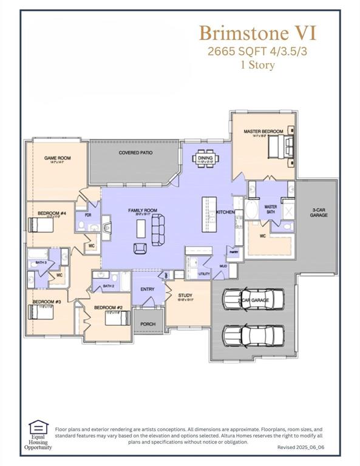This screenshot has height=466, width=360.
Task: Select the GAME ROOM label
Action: coord(58,158)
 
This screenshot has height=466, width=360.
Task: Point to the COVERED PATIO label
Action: coord(135,153)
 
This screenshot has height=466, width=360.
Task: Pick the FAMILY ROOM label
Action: coord(142,211)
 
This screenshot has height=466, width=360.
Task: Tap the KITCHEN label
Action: coord(225,212)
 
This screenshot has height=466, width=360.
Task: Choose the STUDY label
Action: coord(185,295)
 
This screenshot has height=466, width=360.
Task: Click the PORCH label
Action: coord(148,324)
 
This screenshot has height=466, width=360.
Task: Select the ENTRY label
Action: coord(148,289)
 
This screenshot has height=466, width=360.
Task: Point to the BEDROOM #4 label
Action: coord(52,213)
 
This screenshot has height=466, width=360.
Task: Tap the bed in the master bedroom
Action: coord(283,146)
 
